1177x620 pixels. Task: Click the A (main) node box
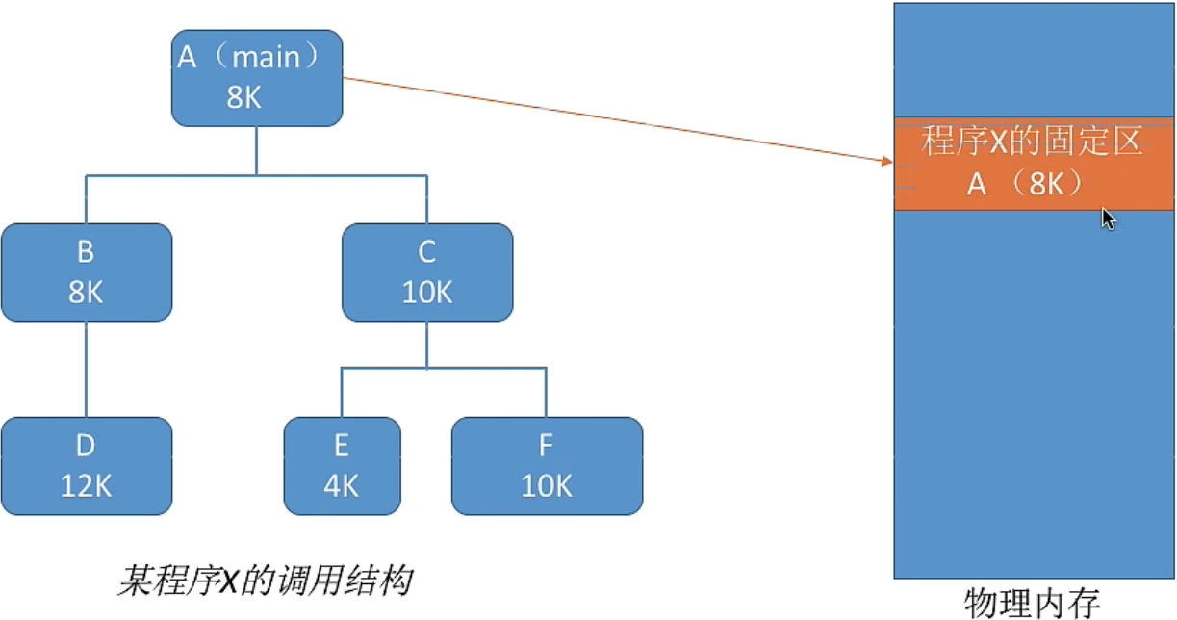(x=257, y=78)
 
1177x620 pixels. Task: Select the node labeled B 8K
(x=87, y=272)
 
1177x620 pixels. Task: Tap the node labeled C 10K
(x=427, y=272)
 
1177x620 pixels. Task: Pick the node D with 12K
(x=87, y=466)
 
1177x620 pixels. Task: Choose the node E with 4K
(x=342, y=466)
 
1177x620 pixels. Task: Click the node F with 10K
(x=547, y=466)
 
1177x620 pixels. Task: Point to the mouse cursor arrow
(x=1108, y=219)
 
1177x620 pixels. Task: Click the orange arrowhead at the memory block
(x=887, y=161)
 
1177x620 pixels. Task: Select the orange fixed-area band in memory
(x=1033, y=164)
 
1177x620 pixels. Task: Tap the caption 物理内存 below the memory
(x=1033, y=602)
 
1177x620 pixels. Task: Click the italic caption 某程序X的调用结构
(x=265, y=581)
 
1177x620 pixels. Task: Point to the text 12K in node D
(x=87, y=486)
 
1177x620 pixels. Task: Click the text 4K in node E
(x=342, y=486)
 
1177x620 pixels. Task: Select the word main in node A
(x=266, y=58)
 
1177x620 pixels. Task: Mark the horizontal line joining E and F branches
(x=444, y=368)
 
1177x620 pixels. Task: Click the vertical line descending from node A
(x=256, y=150)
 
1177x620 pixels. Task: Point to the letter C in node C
(x=427, y=252)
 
